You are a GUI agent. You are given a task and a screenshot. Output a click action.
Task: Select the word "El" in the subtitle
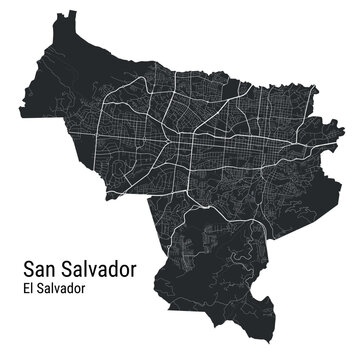pos(27,289)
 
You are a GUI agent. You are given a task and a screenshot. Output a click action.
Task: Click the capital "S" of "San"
pos(27,270)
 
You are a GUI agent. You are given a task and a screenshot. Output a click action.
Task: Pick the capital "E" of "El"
pos(24,289)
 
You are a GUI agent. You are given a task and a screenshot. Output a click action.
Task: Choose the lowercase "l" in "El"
pos(30,289)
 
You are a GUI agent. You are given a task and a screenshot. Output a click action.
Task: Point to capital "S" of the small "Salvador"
pos(39,289)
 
